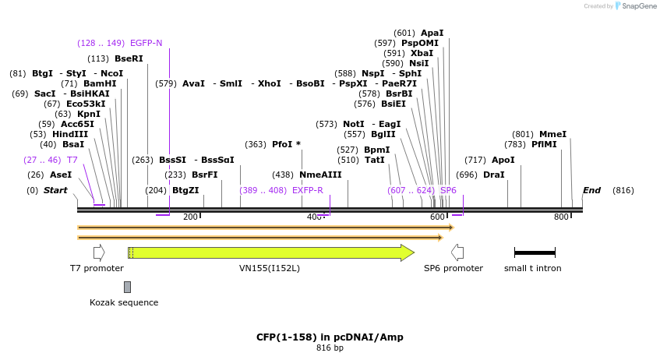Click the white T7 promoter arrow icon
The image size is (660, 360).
coord(99,252)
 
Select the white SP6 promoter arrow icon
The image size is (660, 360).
coord(457,252)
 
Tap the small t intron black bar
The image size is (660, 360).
coord(535,252)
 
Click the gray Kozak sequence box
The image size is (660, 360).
coord(127,287)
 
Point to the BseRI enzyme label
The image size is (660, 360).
coord(129,58)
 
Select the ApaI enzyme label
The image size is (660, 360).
coord(432,33)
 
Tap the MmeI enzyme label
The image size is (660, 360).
coord(552,134)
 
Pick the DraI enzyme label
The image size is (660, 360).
coord(493,175)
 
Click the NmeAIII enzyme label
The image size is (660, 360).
coord(320,175)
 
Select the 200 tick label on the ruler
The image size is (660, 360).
coord(190,217)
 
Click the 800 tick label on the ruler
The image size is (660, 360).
coord(561,217)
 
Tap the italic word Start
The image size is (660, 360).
coord(55,190)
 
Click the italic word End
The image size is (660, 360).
coord(591,190)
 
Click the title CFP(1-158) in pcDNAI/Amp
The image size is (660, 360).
coord(330,337)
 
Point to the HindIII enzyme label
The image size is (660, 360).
coord(70,134)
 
